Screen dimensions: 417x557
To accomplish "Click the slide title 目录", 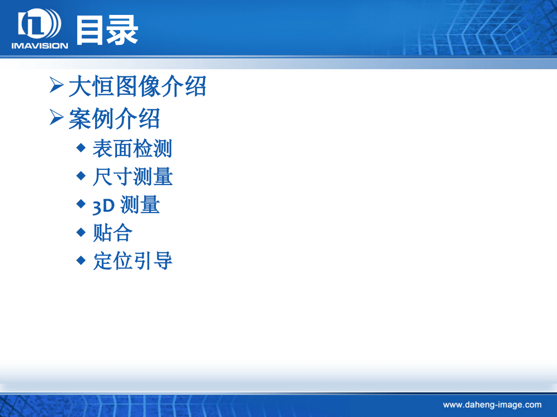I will pos(107,30).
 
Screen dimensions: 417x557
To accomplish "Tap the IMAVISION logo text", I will pos(40,46).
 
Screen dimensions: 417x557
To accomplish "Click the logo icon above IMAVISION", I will pos(39,25).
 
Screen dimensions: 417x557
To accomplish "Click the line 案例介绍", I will pos(114,119).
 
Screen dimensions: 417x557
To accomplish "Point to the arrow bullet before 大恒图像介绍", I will pos(57,86).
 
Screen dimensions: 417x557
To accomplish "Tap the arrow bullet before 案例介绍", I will pos(57,118).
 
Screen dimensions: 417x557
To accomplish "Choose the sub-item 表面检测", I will pos(132,149).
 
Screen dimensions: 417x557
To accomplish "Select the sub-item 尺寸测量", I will pos(132,177).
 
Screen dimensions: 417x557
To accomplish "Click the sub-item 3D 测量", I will pos(126,205).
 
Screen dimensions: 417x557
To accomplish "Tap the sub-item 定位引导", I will pos(132,261).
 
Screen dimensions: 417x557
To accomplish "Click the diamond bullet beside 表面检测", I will pos(81,148).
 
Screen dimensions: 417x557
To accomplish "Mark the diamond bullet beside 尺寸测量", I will pos(81,176).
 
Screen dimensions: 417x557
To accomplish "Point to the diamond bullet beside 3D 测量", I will pos(81,204).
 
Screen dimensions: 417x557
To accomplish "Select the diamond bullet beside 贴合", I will pos(81,232).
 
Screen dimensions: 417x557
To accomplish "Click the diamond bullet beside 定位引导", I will pos(81,260).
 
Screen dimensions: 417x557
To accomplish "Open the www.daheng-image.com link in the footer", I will pos(492,405).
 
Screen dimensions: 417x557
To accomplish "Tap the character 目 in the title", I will pos(90,30).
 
